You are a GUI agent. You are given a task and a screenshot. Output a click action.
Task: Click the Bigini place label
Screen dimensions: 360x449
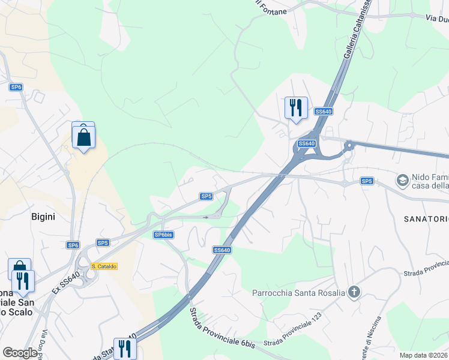tap(43, 217)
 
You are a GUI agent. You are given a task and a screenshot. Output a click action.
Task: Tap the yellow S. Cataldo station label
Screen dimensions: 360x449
tap(104, 266)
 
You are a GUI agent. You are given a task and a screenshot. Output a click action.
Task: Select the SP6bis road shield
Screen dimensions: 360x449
tap(163, 235)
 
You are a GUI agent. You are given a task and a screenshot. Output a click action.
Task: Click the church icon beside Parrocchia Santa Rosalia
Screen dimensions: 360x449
tap(354, 292)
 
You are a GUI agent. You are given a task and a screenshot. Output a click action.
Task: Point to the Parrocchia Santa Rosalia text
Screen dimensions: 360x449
tap(298, 293)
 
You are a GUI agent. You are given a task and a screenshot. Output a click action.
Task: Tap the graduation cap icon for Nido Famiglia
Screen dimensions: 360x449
tap(402, 179)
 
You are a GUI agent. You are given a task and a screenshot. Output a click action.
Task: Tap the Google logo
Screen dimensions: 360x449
tap(20, 353)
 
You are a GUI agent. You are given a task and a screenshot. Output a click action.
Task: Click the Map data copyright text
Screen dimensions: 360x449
tap(424, 355)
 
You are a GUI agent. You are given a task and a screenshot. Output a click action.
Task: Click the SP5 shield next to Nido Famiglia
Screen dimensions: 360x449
tap(367, 181)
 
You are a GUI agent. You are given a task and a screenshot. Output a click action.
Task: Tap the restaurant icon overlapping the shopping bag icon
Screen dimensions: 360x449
tap(23, 281)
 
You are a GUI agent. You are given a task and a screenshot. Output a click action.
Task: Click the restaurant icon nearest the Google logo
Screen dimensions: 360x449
tap(125, 348)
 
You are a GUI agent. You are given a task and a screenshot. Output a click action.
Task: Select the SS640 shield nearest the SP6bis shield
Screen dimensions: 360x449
tap(221, 250)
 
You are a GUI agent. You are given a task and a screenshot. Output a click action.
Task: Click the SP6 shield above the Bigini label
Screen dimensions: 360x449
tap(16, 87)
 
